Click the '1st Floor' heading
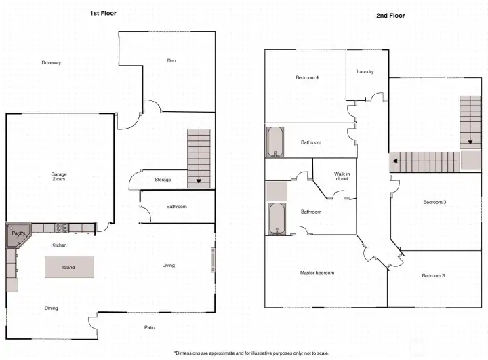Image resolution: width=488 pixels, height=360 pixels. (x=104, y=13)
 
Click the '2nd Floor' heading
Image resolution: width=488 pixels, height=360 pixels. (x=390, y=15)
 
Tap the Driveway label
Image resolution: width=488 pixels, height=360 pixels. (x=51, y=63)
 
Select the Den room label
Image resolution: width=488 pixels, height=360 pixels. (x=171, y=61)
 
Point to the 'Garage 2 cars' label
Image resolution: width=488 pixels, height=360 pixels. (x=59, y=176)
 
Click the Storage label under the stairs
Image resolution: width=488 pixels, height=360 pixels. (x=163, y=180)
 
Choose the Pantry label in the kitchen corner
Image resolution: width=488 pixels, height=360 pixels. (x=18, y=233)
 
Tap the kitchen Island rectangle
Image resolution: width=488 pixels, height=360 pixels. (x=68, y=267)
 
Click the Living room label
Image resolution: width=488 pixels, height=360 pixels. (x=169, y=265)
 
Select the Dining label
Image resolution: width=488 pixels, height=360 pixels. (x=51, y=308)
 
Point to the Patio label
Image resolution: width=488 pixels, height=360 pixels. (x=150, y=327)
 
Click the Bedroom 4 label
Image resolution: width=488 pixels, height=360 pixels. (x=307, y=77)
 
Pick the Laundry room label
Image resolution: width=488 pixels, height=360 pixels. (x=365, y=71)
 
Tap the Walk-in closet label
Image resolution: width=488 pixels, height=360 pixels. (x=342, y=176)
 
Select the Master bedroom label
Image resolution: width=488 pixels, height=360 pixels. (x=317, y=273)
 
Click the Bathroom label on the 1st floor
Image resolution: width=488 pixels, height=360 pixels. (x=176, y=207)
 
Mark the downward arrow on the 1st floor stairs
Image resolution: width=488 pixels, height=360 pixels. (x=199, y=181)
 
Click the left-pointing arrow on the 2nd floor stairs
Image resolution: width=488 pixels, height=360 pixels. (x=393, y=162)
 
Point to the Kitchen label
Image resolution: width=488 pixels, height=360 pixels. (x=59, y=245)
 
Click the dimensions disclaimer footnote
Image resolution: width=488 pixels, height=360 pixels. (x=251, y=353)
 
